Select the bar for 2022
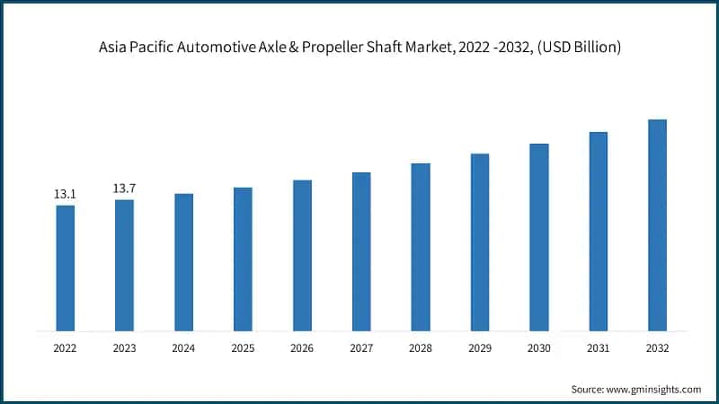point(65,268)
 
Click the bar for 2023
point(124,265)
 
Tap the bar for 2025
point(243,259)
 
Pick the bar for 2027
point(361,250)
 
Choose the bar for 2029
point(480,242)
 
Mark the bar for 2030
point(539,236)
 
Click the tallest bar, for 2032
point(657,224)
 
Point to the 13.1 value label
point(65,194)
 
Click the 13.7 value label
point(124,189)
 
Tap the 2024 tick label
point(183,347)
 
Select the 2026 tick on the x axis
point(302,347)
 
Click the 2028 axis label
point(421,347)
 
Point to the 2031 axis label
point(598,347)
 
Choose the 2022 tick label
point(65,347)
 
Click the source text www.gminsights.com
point(655,389)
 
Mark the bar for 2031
point(598,231)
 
